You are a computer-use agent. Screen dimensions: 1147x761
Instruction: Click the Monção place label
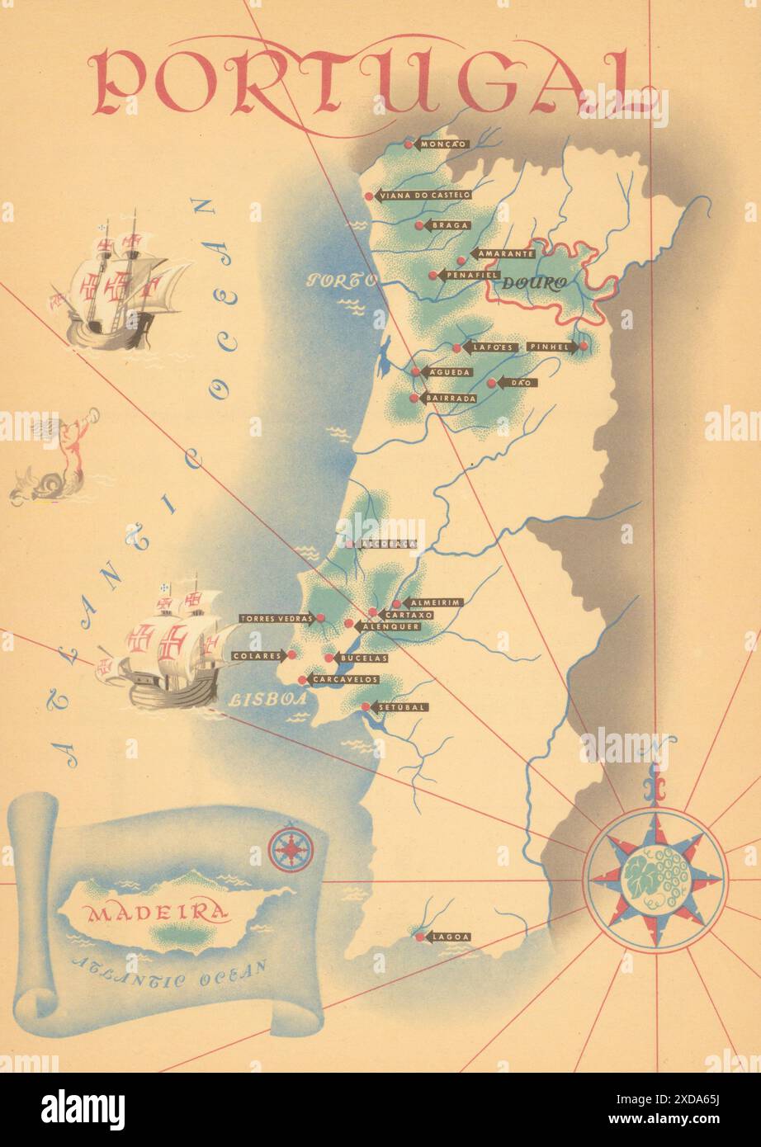443,144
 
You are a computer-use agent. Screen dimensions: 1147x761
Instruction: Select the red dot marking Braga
419,225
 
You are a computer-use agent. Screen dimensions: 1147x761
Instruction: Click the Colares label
255,656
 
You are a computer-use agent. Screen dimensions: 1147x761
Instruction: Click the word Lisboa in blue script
261,699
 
